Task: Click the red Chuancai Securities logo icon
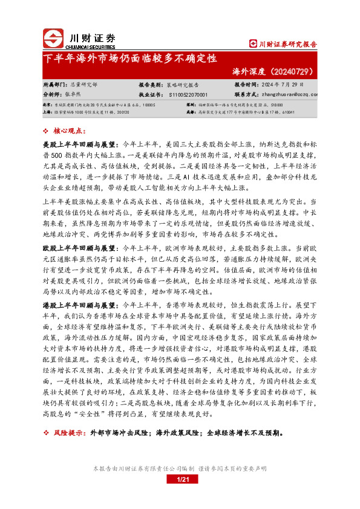54,38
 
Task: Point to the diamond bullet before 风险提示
47,433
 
